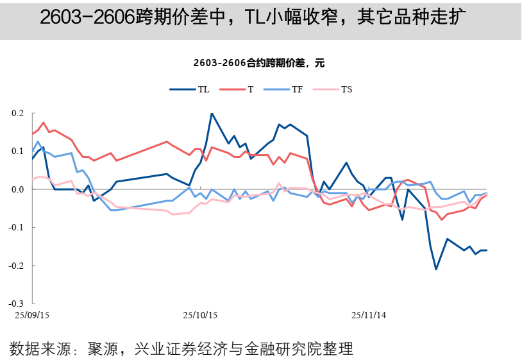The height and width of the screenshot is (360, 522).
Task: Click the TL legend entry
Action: (x=189, y=89)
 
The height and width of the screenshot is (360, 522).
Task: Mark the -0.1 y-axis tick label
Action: (x=16, y=227)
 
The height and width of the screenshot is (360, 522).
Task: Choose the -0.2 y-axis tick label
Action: (x=16, y=265)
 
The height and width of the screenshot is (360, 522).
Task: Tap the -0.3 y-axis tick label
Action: (x=16, y=303)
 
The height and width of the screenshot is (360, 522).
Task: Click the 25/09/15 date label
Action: (x=32, y=315)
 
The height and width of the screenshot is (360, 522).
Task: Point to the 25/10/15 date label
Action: (x=201, y=315)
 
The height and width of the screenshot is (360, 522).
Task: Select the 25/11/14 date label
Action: (x=369, y=315)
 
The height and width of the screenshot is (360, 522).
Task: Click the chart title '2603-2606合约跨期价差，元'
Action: (x=260, y=63)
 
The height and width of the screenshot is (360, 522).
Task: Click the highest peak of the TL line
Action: (x=212, y=114)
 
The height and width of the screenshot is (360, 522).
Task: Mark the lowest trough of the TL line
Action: (x=436, y=269)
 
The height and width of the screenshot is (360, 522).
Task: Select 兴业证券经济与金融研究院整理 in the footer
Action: (x=244, y=349)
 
